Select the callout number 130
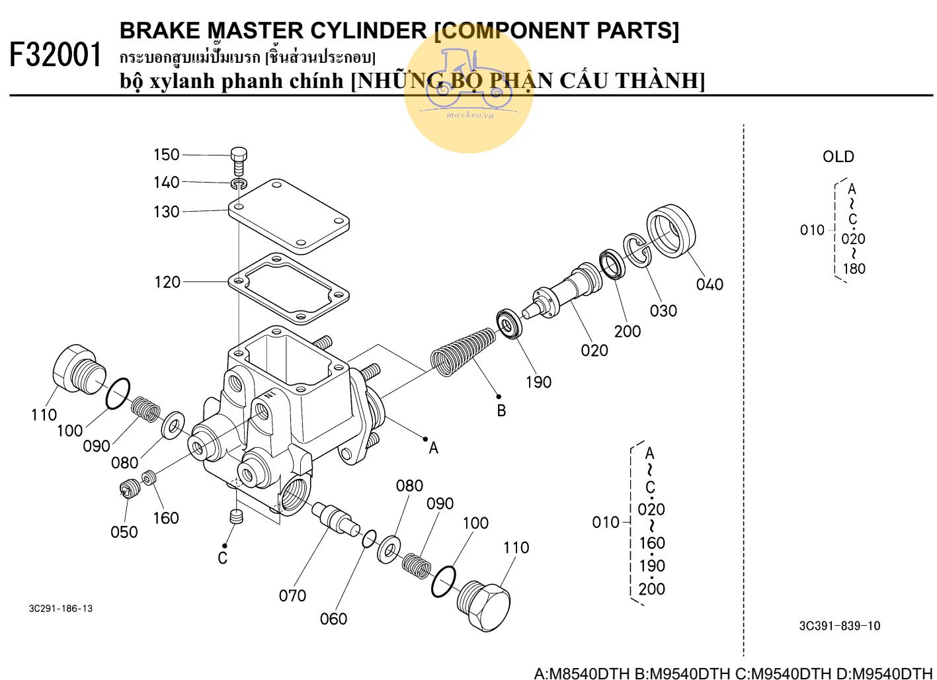coord(167,212)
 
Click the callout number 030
coord(663,310)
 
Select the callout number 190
coord(538,382)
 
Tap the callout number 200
coord(627,331)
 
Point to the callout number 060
coord(333,618)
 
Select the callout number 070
coord(292,595)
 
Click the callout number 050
coord(124,532)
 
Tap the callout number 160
coord(166,518)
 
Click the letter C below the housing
coord(223,559)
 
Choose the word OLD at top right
coord(838,157)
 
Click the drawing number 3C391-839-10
coord(839,626)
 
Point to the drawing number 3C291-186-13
coord(61,609)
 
